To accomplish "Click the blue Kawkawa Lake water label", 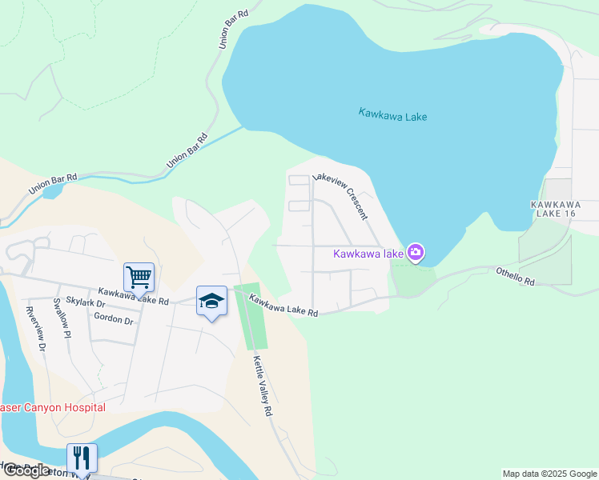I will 392,116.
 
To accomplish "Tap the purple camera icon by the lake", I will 416,254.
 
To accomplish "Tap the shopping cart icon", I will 139,278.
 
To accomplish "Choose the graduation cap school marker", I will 211,301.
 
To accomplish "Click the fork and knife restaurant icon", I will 82,458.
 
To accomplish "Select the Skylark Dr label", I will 86,304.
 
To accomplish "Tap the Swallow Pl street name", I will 61,317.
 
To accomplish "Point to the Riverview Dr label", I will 35,328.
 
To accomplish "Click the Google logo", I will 26,470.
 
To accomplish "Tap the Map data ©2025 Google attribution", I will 549,474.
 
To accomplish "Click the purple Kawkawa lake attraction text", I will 368,254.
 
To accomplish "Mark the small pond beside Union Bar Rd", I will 53,191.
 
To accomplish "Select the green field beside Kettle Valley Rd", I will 251,316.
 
